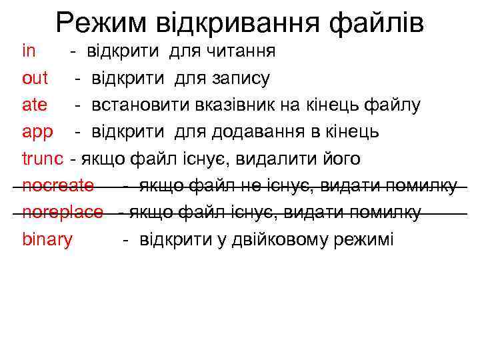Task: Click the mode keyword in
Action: (x=29, y=51)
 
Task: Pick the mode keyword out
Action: (x=35, y=78)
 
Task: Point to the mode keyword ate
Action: (x=35, y=105)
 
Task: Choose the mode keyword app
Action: (x=37, y=132)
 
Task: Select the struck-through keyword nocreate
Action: (x=58, y=185)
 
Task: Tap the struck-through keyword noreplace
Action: (x=63, y=212)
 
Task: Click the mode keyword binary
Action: (x=47, y=239)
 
